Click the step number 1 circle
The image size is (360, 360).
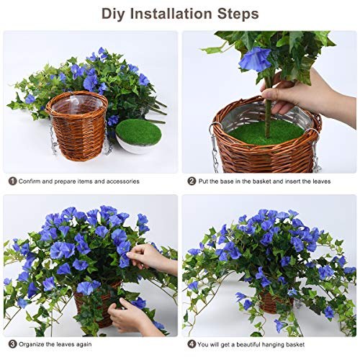(x=12, y=181)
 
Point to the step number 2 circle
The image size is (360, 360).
(x=192, y=181)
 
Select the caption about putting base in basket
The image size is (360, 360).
(x=266, y=181)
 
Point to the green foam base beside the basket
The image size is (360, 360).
(x=138, y=132)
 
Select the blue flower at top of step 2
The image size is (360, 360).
(x=255, y=58)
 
